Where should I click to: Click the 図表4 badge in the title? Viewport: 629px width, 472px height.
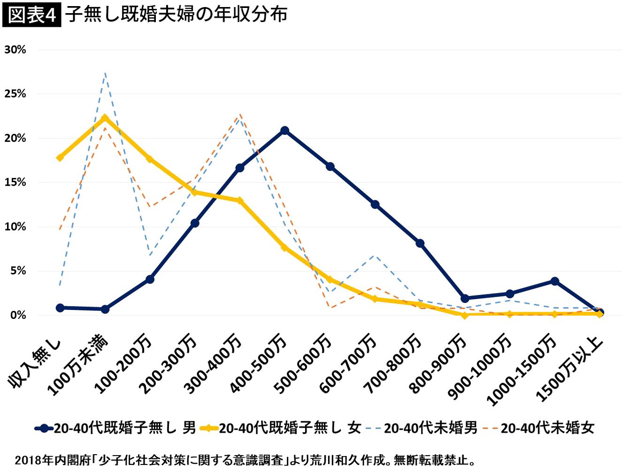click(x=32, y=15)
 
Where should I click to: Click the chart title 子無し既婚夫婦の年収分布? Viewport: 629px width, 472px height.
click(x=176, y=15)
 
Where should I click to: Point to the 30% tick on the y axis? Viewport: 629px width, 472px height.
click(x=15, y=50)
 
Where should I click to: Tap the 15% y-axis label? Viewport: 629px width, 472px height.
click(x=15, y=183)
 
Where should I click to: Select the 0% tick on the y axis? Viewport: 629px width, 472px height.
click(x=18, y=315)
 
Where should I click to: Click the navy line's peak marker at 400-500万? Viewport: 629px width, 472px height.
click(x=285, y=131)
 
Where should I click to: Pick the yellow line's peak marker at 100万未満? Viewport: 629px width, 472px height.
click(x=105, y=118)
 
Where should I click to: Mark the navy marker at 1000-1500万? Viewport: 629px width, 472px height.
click(x=555, y=281)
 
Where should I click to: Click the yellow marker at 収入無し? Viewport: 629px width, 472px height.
click(x=60, y=158)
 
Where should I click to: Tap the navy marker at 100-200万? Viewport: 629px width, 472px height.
click(x=150, y=279)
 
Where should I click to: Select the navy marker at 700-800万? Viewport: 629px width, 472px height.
click(x=420, y=243)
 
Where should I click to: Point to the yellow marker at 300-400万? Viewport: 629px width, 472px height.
click(x=240, y=201)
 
